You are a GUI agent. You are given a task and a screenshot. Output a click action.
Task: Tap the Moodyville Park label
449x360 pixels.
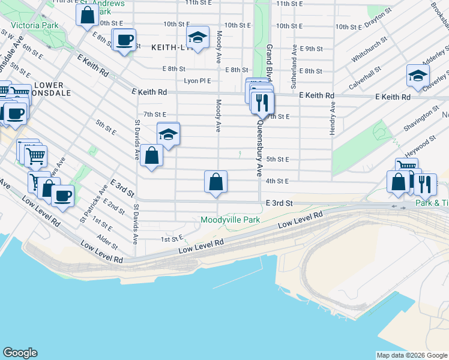[x=230, y=220]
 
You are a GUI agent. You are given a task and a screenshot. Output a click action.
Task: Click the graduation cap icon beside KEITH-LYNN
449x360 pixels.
[x=197, y=38]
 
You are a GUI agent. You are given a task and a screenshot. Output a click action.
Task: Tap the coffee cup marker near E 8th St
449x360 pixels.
[x=124, y=40]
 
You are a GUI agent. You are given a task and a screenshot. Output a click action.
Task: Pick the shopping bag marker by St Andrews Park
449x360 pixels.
[x=87, y=14]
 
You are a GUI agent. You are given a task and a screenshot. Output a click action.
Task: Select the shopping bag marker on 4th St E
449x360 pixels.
[x=215, y=181]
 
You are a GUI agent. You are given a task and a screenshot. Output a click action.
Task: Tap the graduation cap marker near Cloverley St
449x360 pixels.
[x=418, y=76]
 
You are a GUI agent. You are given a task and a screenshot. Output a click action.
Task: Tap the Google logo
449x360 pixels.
[x=20, y=353]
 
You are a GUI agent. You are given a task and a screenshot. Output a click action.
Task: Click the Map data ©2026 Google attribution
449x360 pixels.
[x=412, y=355]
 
